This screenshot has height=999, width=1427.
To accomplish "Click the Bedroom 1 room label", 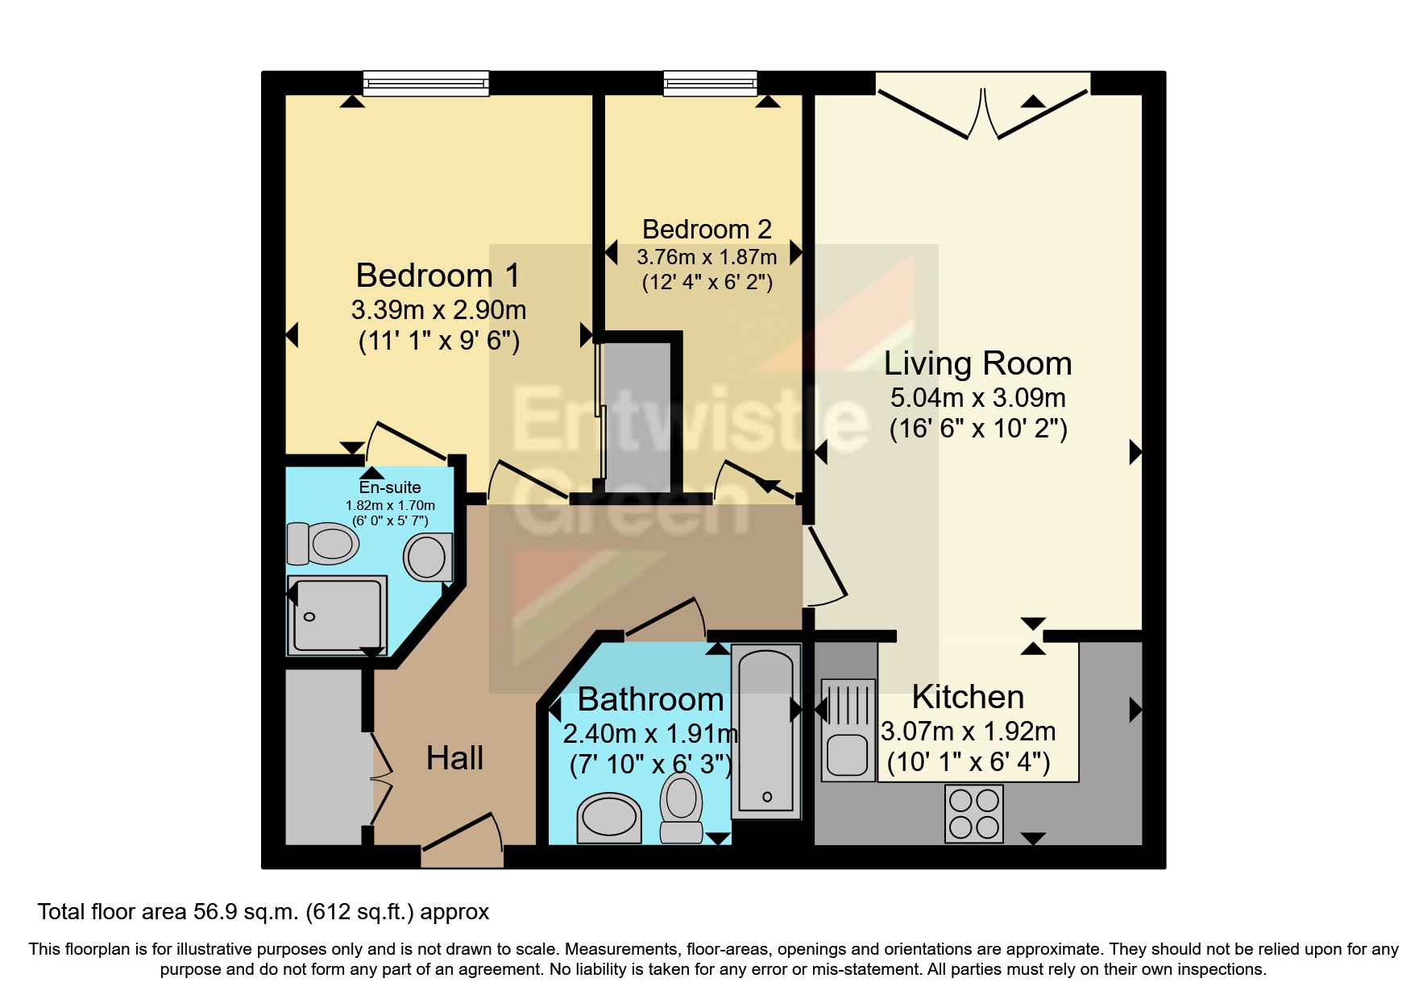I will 438,276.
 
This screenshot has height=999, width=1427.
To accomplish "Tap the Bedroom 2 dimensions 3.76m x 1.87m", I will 707,257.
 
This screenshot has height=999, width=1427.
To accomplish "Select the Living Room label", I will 977,363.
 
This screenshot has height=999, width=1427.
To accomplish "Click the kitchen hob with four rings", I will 973,814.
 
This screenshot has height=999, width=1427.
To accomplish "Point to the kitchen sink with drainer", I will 848,730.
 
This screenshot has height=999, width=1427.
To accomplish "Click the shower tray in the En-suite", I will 337,615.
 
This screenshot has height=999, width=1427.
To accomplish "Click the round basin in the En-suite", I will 426,557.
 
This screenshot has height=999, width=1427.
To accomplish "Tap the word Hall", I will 454,758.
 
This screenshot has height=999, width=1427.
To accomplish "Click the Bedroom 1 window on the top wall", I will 425,83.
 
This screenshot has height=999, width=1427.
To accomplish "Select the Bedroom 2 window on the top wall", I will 710,82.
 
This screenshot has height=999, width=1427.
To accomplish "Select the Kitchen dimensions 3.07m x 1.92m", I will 968,732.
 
